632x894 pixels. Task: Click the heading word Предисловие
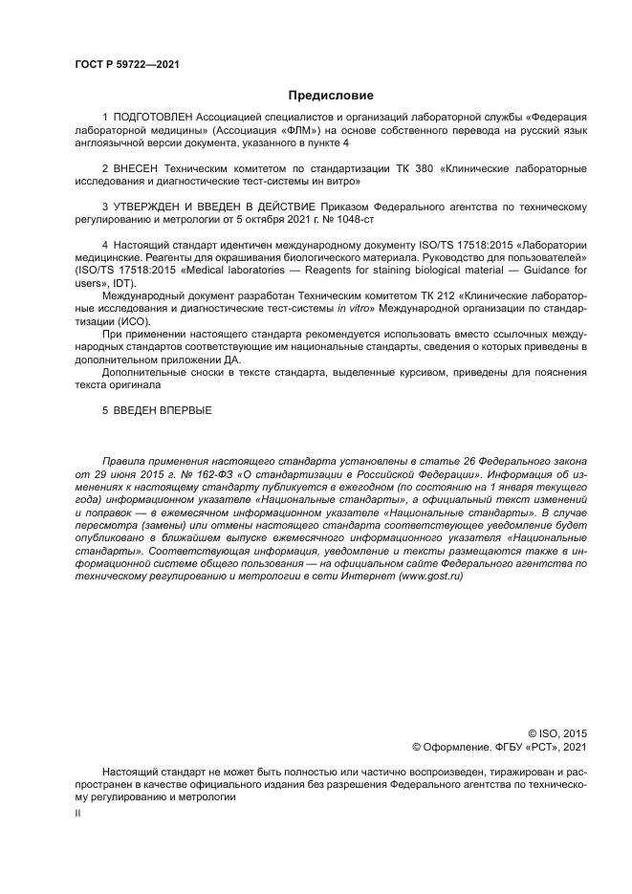click(331, 95)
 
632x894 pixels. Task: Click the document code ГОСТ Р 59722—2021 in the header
click(126, 64)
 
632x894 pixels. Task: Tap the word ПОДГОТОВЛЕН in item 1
click(155, 117)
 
